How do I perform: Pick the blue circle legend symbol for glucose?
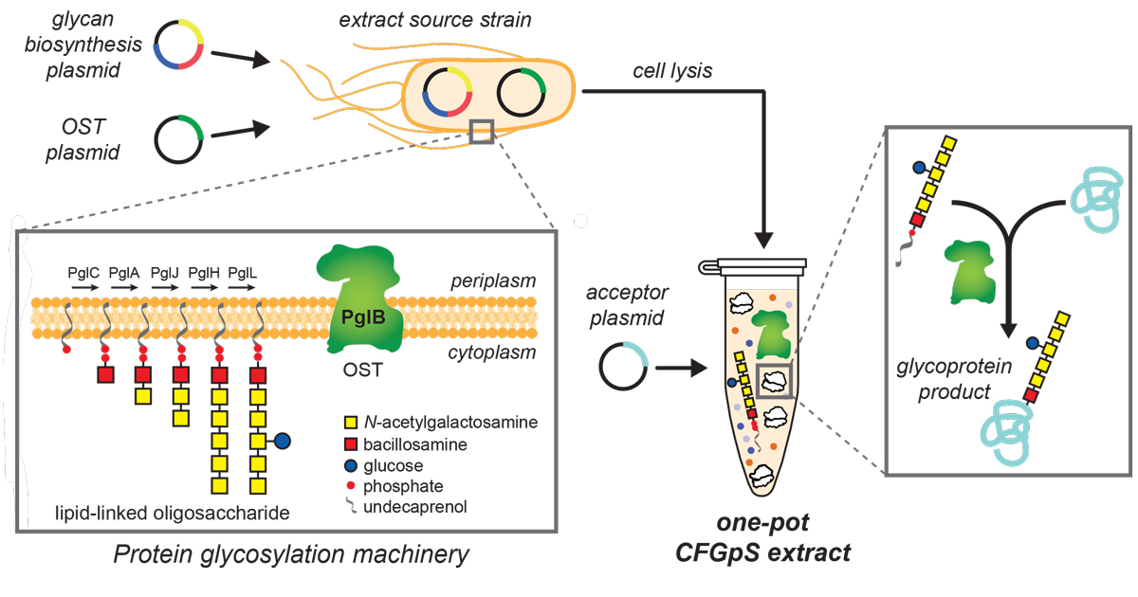[x=354, y=465]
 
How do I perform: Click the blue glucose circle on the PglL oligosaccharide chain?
[x=282, y=441]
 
